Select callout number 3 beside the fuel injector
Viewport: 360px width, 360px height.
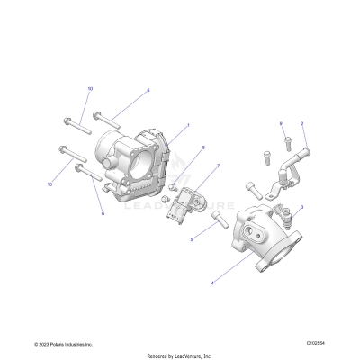301,207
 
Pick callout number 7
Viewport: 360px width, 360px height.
217,168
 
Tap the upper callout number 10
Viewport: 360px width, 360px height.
90,89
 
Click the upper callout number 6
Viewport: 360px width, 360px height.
148,90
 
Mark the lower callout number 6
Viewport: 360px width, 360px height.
103,214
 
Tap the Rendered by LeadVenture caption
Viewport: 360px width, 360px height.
180,355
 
